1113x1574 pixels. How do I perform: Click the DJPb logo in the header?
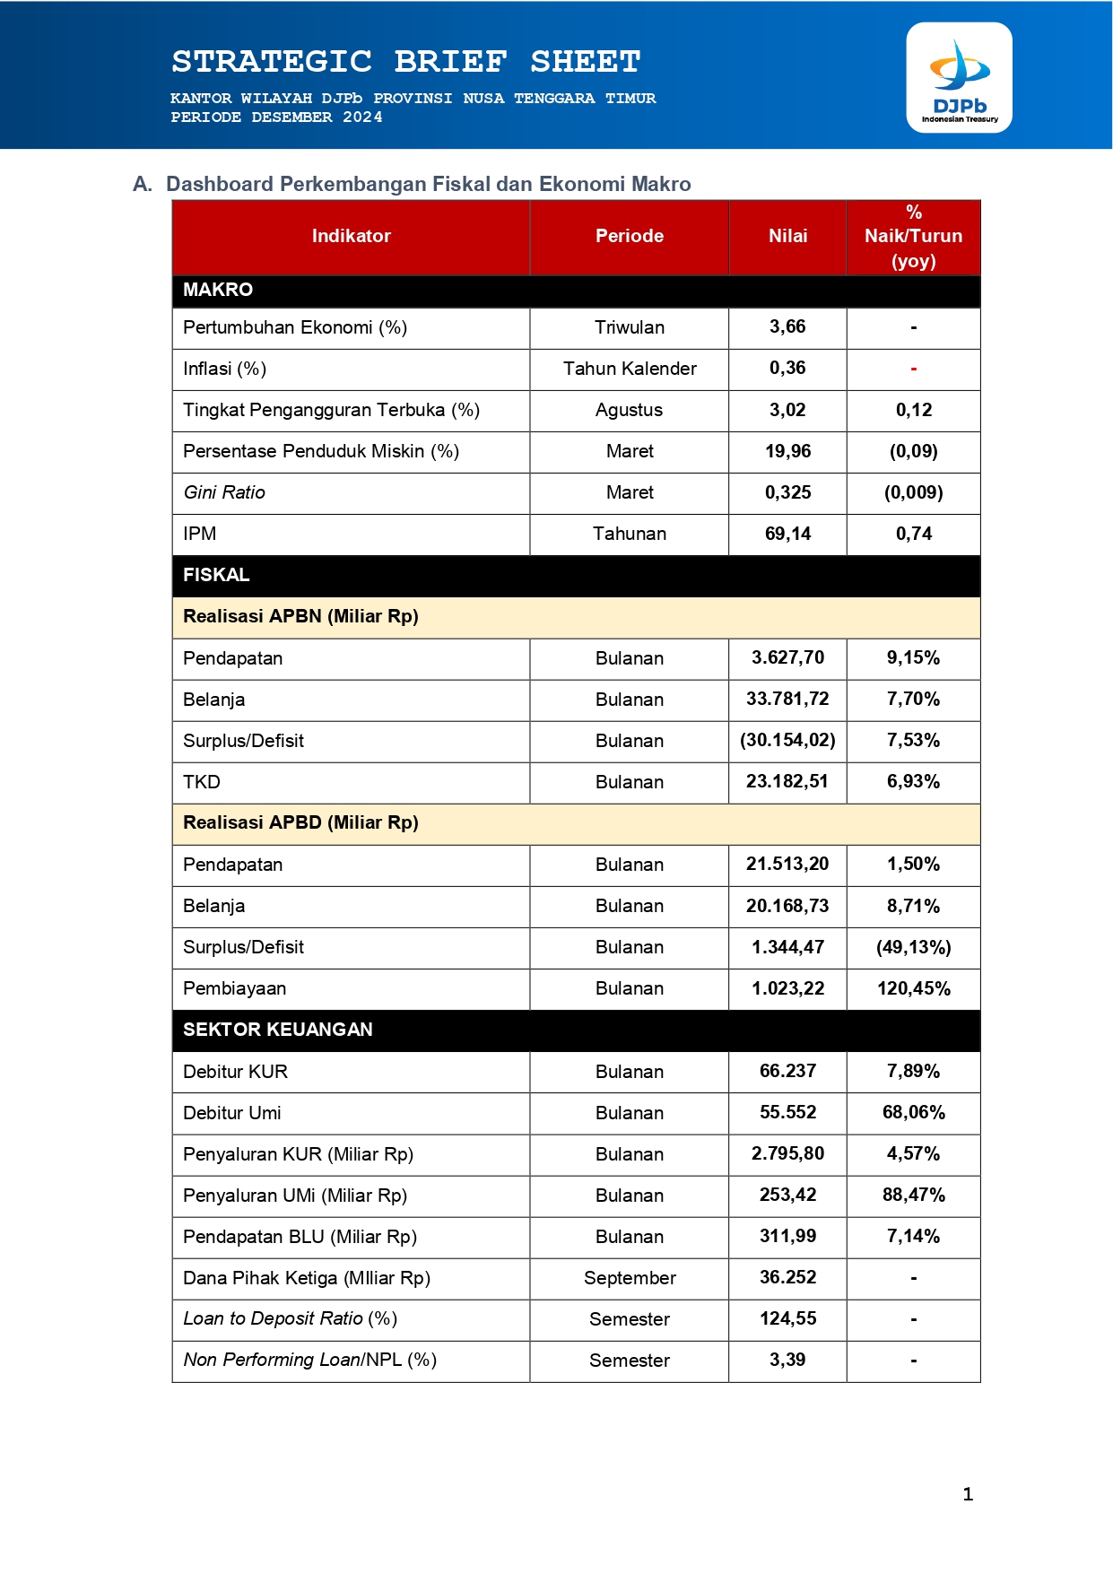[959, 78]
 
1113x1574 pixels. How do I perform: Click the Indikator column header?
[351, 236]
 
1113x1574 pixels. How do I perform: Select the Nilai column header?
[787, 236]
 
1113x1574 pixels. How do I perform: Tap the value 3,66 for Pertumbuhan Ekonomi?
[787, 327]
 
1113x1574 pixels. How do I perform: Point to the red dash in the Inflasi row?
[913, 370]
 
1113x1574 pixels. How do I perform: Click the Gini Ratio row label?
[224, 492]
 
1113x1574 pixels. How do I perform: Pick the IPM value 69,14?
[787, 534]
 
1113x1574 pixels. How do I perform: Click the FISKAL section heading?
[216, 575]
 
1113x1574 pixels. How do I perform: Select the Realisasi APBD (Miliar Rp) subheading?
[300, 822]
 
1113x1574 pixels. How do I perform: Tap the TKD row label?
[202, 782]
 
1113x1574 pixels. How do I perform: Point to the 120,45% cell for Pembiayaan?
[913, 988]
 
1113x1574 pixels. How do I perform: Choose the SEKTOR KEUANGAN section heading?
[278, 1030]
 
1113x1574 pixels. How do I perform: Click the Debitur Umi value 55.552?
[787, 1112]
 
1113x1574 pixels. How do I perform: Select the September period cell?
[630, 1278]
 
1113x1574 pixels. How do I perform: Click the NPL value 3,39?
[787, 1360]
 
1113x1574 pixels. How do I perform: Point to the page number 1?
[968, 1494]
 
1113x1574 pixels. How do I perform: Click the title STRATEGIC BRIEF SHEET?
[406, 61]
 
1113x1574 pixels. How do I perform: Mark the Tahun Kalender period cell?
[630, 369]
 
